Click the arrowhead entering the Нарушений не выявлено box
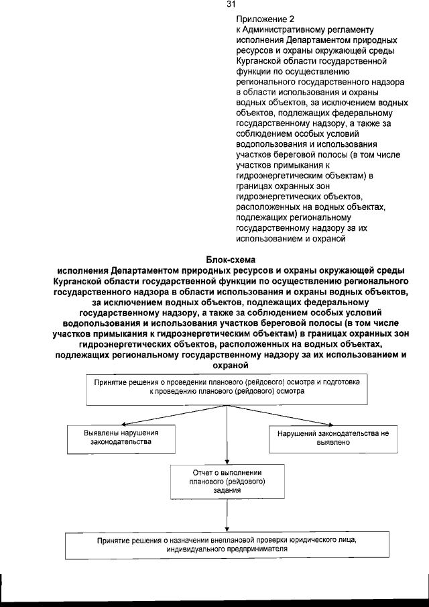[332, 425]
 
